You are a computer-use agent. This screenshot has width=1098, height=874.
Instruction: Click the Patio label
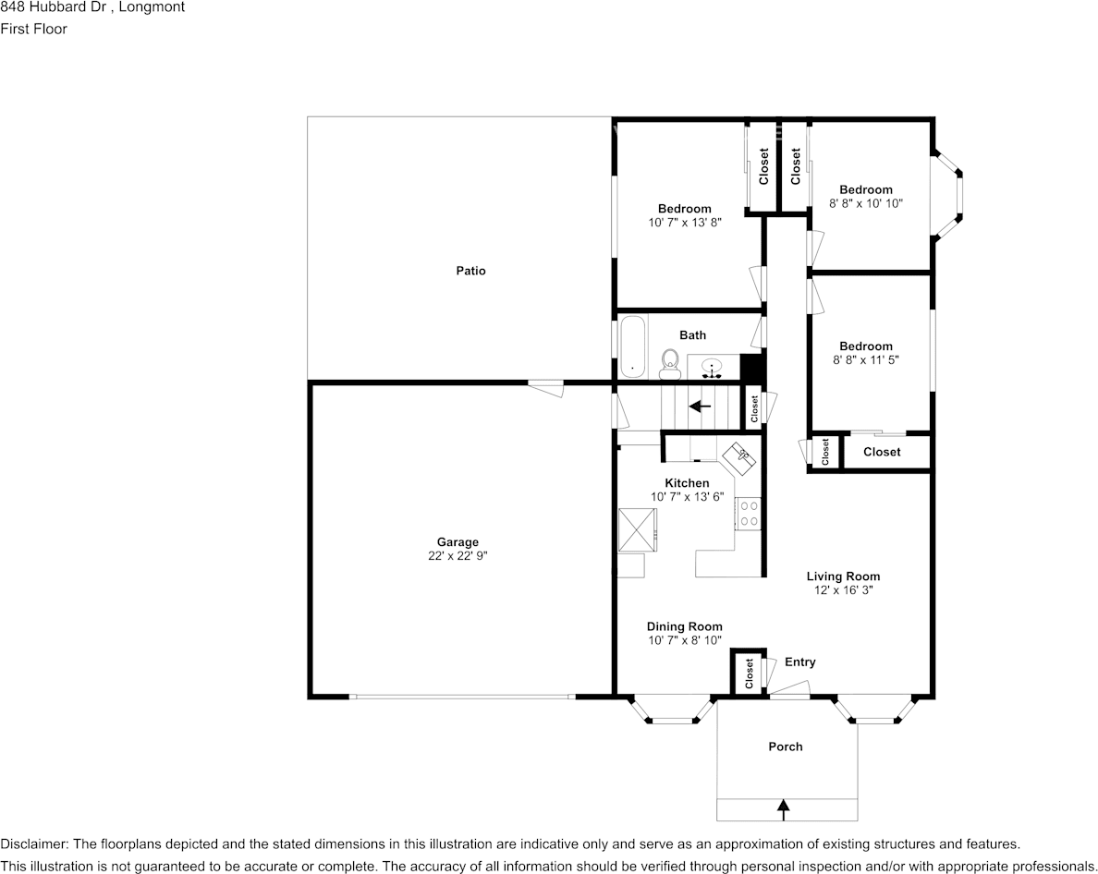point(470,271)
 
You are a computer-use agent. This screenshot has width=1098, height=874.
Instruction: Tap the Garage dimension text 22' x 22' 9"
point(458,556)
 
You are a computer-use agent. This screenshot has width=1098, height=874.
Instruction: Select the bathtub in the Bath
point(632,347)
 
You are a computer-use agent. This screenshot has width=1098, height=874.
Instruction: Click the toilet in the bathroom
point(669,364)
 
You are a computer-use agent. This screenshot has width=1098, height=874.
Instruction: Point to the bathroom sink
point(712,369)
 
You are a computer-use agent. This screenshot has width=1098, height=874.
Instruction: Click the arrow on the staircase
point(700,406)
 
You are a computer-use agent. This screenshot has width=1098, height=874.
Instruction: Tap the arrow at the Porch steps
point(784,809)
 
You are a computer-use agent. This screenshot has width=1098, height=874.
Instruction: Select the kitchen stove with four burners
point(748,514)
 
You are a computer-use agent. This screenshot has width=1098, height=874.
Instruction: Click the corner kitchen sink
point(741,455)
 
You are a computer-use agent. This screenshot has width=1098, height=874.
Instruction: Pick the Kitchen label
point(687,483)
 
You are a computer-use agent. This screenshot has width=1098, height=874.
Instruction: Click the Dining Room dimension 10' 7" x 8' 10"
point(685,639)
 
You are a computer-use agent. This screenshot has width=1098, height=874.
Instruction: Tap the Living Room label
point(843,577)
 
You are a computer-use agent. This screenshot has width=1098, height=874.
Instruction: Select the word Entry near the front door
point(800,662)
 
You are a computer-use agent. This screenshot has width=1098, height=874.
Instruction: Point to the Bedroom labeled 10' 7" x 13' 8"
point(685,209)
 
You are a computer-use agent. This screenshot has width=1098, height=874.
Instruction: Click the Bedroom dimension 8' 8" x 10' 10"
point(866,203)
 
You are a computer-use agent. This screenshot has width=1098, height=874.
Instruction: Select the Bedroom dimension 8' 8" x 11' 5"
point(866,359)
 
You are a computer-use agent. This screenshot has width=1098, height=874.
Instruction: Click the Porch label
point(786,747)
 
